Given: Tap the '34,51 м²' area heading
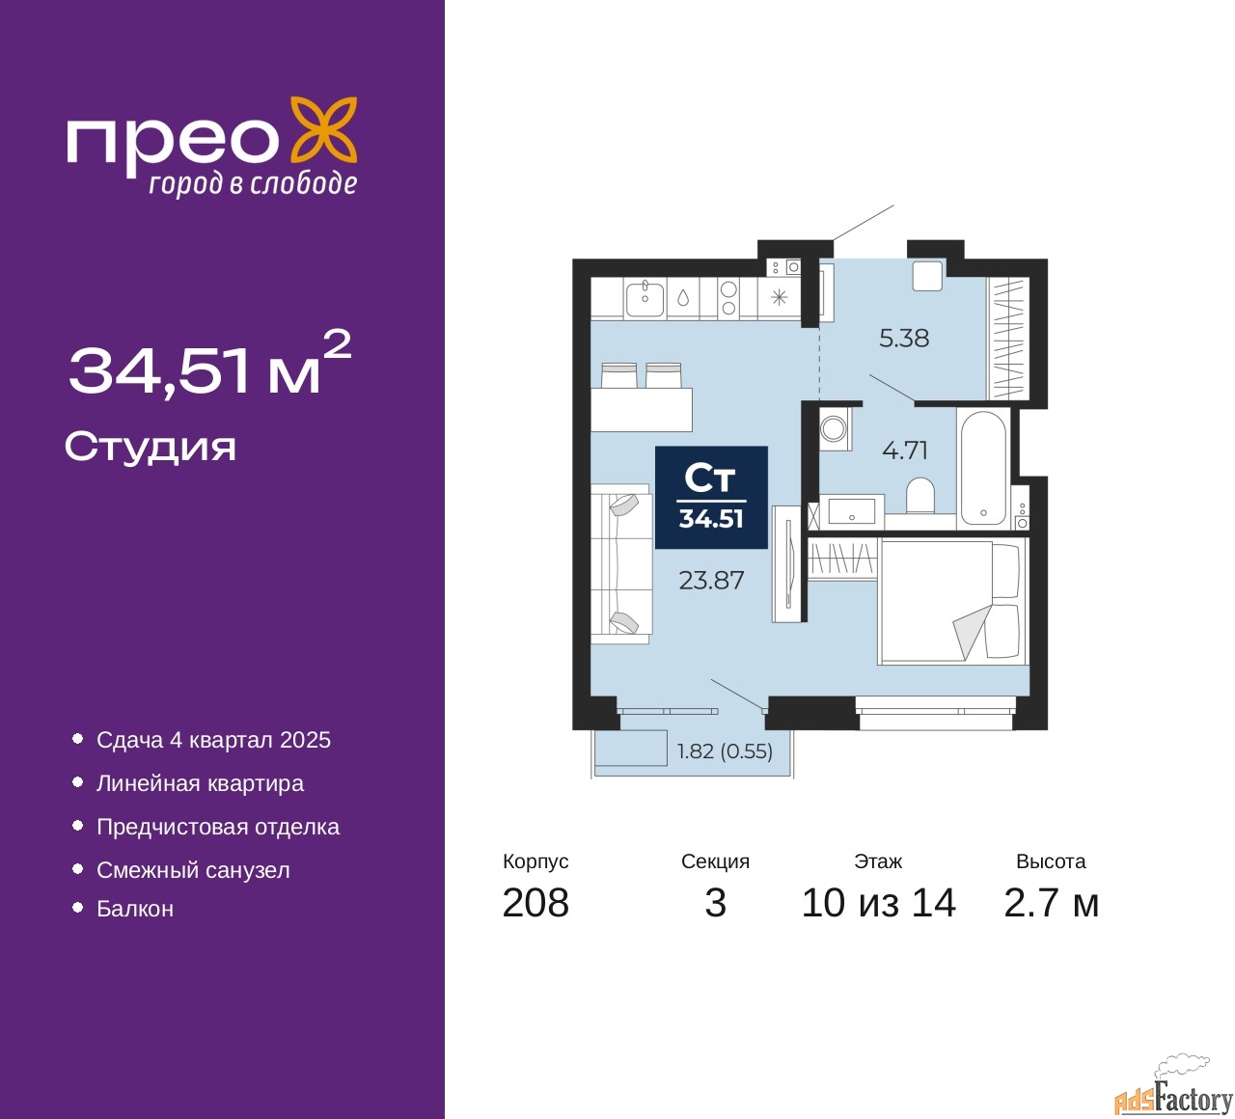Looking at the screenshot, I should (x=208, y=367).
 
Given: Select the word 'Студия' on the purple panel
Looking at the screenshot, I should (x=151, y=447).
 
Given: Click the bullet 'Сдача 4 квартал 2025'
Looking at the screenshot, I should (x=213, y=740).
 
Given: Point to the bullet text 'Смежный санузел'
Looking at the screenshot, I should (x=193, y=870).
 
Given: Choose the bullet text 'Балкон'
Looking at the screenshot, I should (x=135, y=909).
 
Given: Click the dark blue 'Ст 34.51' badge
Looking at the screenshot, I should (x=711, y=498).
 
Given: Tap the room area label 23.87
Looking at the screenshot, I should (x=711, y=580).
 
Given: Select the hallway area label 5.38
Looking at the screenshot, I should (x=904, y=338).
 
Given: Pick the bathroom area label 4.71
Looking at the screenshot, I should (x=905, y=450).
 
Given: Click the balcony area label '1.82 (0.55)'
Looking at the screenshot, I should (x=725, y=751).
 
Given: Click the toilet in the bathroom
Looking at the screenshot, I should (x=920, y=496).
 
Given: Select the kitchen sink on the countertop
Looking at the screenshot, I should (x=645, y=298).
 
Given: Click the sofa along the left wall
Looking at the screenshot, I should (x=619, y=563).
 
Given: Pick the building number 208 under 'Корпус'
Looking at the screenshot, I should (x=535, y=903).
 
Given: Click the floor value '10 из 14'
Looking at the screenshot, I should (x=878, y=903).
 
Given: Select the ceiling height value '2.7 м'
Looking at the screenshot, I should (x=1051, y=903).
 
